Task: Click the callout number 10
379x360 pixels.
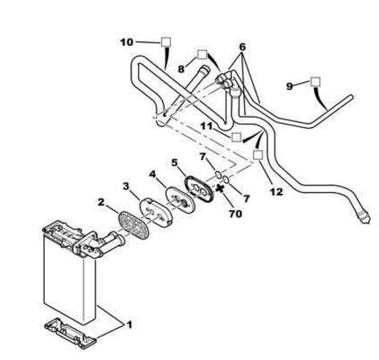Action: point(127,42)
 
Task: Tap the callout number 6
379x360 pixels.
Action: point(242,47)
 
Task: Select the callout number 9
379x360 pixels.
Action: point(290,86)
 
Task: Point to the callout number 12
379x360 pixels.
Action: point(276,192)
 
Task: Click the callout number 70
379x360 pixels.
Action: point(235,214)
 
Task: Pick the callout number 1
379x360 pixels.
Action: point(129,325)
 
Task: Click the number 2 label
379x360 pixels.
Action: point(101,202)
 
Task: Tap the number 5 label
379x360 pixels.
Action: point(174,162)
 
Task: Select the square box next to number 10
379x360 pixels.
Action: point(166,42)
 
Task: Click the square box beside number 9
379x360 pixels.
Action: point(316,82)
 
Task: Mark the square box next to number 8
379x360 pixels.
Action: point(202,55)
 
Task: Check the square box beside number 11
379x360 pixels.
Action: point(236,137)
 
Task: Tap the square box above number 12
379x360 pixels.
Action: point(258,155)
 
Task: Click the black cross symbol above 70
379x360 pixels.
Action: point(220,189)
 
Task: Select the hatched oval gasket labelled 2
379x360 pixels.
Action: point(133,225)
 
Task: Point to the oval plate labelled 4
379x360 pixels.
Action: point(180,200)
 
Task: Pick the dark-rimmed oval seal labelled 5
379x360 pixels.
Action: point(198,188)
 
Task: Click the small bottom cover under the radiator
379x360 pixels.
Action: point(70,333)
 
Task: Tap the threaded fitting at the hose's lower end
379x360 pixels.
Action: point(365,218)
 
